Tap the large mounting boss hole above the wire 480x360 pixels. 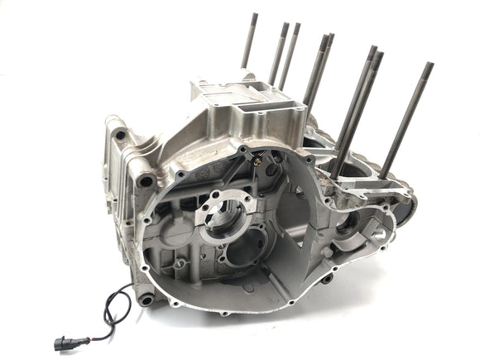146,177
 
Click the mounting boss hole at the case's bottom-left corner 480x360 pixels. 147,299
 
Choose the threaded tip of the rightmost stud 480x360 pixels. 429,66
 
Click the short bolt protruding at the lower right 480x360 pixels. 326,278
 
